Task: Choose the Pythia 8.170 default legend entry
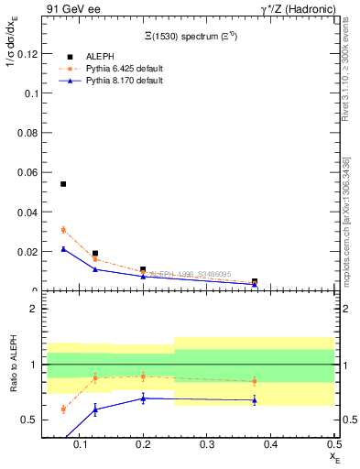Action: (x=123, y=81)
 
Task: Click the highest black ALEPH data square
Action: (x=63, y=184)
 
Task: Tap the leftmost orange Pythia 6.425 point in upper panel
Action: (x=63, y=230)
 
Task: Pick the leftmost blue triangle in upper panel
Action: (x=63, y=248)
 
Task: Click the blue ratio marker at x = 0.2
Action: (x=143, y=398)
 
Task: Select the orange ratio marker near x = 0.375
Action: (x=254, y=381)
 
